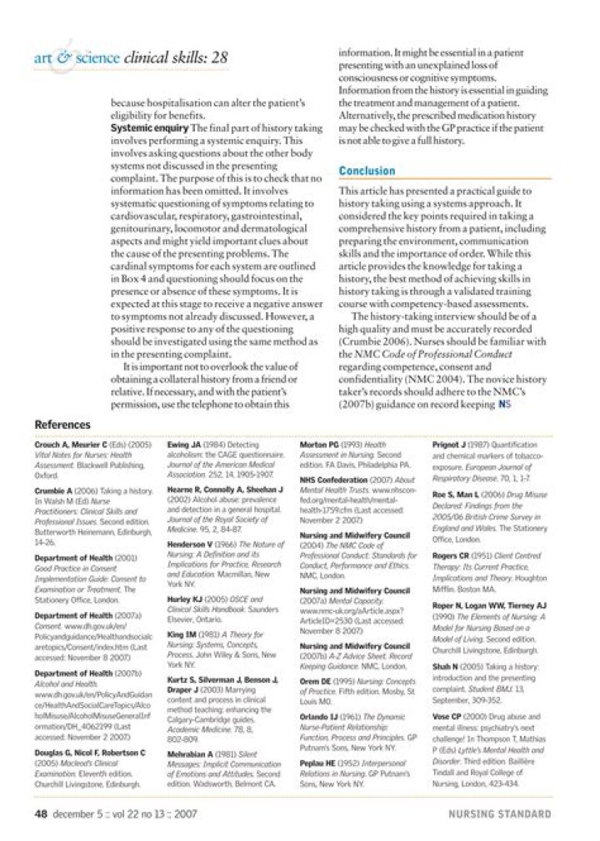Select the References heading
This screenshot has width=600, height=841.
coord(62,425)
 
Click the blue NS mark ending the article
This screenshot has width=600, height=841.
coord(504,406)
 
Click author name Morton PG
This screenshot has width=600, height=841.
coord(319,445)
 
